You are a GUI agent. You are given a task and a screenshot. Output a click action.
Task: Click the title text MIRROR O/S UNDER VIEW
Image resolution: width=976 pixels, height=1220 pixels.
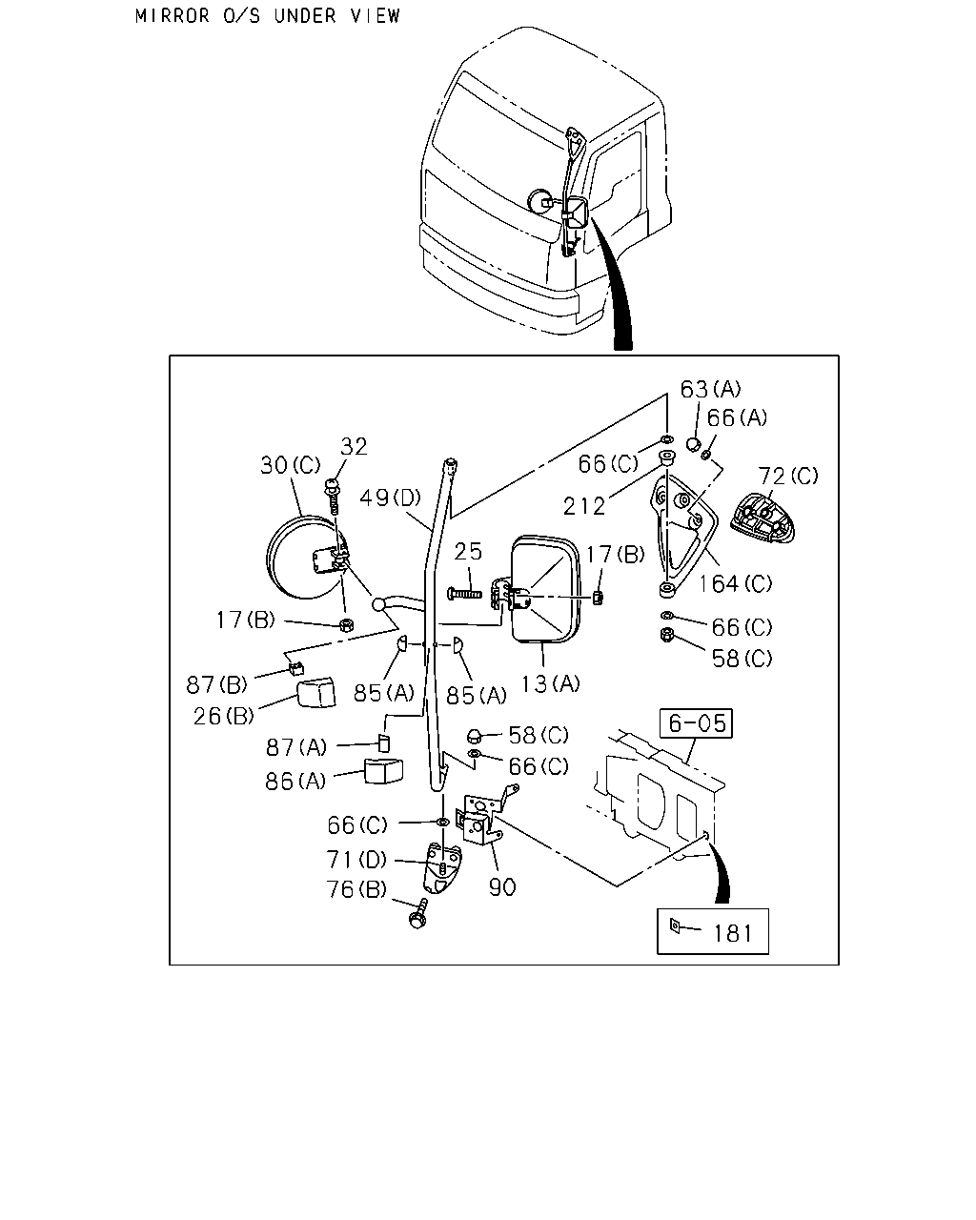[268, 16]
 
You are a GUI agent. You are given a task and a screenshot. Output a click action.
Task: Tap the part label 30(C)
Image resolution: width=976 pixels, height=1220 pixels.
[291, 465]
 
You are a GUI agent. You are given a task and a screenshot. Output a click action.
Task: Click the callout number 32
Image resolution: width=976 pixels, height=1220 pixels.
[354, 446]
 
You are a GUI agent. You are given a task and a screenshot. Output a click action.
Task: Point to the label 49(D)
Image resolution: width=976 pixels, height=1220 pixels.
[390, 498]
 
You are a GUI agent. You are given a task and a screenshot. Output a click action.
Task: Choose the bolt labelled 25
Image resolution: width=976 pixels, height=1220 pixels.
[464, 594]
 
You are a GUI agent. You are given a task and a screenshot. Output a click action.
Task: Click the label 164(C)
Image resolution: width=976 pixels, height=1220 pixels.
[735, 582]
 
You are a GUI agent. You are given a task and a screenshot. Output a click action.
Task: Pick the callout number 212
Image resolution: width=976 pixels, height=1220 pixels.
[584, 506]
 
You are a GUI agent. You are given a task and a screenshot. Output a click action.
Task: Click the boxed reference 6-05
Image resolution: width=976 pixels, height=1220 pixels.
[696, 723]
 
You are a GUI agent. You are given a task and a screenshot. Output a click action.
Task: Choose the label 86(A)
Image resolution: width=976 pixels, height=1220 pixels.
[295, 782]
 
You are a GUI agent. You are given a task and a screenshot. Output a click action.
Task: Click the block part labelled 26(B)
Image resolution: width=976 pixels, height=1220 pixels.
[316, 693]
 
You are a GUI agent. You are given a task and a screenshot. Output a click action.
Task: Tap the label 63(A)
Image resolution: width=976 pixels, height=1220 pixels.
[711, 389]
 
